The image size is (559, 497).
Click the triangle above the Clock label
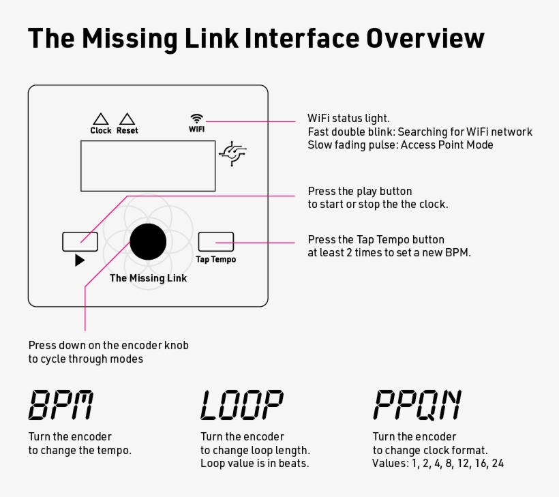point(101,119)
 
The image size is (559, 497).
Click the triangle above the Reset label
point(127,119)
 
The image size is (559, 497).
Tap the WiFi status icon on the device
point(196,118)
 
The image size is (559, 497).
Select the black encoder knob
point(148,241)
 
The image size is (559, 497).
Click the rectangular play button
point(80,241)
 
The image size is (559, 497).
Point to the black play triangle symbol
point(80,260)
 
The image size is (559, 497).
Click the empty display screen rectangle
point(148,166)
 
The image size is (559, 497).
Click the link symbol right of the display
point(233,155)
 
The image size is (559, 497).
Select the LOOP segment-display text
point(241,405)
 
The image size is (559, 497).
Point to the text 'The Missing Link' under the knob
point(148,278)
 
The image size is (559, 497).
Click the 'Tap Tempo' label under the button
point(215,260)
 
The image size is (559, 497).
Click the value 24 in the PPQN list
point(497,464)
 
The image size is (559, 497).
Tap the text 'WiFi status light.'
point(348,118)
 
